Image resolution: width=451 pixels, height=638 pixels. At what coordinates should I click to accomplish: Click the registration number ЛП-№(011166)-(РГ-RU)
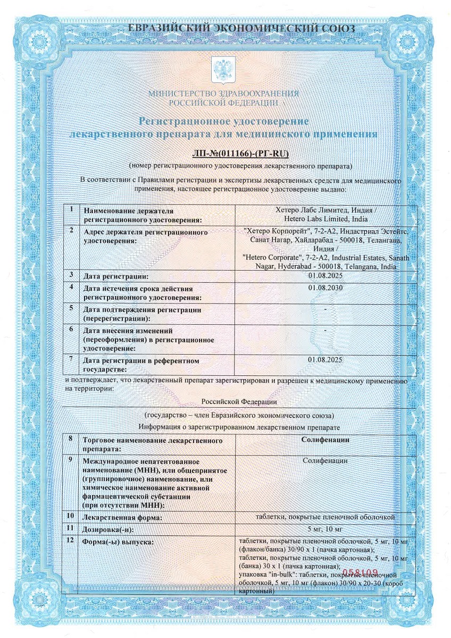pyautogui.click(x=240, y=155)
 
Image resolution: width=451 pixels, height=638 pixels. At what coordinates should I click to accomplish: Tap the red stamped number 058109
pyautogui.click(x=360, y=573)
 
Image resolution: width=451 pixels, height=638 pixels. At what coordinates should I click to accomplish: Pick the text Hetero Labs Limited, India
pyautogui.click(x=325, y=219)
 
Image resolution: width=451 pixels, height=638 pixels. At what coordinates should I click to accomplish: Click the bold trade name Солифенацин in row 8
pyautogui.click(x=325, y=440)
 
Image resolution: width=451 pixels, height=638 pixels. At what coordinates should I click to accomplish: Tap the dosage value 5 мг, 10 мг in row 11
pyautogui.click(x=325, y=528)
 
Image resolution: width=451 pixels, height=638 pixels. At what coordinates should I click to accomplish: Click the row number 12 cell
pyautogui.click(x=71, y=540)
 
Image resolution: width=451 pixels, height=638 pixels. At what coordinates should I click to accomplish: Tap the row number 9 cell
pyautogui.click(x=71, y=458)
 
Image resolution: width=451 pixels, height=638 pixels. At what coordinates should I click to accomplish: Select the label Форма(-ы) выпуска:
pyautogui.click(x=118, y=542)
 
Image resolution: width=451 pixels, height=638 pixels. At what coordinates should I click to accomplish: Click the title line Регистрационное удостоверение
pyautogui.click(x=224, y=122)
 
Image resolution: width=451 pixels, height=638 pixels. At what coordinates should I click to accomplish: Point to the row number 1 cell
pyautogui.click(x=71, y=209)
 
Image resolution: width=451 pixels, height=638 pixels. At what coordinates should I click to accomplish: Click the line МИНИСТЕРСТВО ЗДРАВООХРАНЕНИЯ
pyautogui.click(x=223, y=94)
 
